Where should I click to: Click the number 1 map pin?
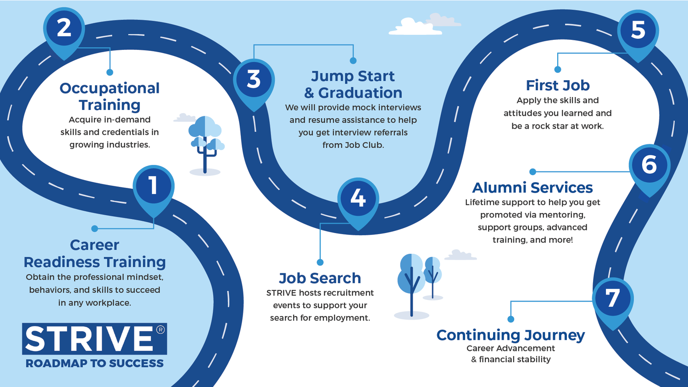click(x=154, y=186)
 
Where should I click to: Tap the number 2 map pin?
click(x=64, y=28)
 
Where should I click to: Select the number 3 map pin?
click(x=254, y=80)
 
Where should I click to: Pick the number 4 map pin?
click(x=358, y=199)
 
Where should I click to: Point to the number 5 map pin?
click(x=638, y=31)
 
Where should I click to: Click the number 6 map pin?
click(x=649, y=165)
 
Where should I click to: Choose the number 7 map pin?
click(x=613, y=299)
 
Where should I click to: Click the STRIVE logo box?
click(x=94, y=339)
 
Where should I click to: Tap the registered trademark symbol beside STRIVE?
click(x=160, y=330)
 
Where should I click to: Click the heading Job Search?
click(x=320, y=278)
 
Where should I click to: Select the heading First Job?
click(x=557, y=85)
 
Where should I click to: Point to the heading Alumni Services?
click(x=532, y=187)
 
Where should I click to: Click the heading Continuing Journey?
click(x=510, y=335)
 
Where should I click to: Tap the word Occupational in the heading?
click(x=110, y=88)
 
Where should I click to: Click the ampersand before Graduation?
click(x=309, y=93)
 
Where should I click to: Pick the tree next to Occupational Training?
click(x=205, y=142)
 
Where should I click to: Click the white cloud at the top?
click(x=414, y=27)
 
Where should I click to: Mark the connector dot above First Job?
click(x=557, y=70)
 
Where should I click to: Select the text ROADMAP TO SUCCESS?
click(x=94, y=363)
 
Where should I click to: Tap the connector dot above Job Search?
click(x=320, y=262)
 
